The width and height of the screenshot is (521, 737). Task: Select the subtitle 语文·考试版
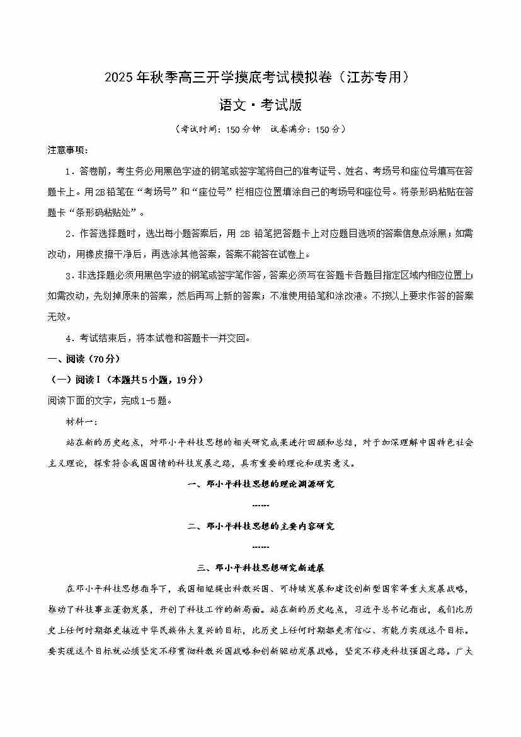[260, 105]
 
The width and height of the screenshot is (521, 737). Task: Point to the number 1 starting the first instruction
[68, 171]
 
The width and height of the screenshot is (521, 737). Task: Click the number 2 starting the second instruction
[68, 233]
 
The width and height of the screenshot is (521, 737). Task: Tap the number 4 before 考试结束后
[68, 338]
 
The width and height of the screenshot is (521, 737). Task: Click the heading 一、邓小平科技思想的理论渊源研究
[261, 484]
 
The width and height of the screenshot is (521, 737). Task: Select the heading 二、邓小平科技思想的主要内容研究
[261, 526]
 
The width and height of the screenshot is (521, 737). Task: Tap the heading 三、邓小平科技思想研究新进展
[261, 567]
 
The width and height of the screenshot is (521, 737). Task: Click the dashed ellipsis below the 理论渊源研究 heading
[260, 505]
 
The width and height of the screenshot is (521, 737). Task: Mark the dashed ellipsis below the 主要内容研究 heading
[260, 547]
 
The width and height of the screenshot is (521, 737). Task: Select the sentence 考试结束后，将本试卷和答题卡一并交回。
[166, 338]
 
